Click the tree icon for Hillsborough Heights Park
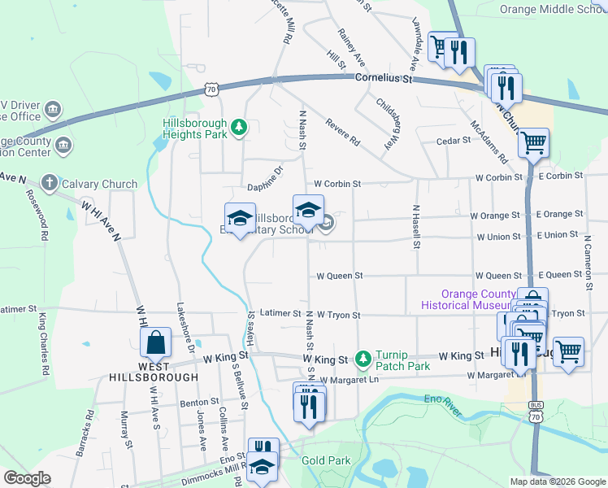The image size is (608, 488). (239, 127)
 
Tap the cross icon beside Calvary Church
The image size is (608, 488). (49, 184)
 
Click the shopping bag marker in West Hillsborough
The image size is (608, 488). (155, 343)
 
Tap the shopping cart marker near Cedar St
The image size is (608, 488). (533, 143)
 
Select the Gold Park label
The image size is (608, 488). (326, 460)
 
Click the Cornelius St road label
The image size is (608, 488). (385, 79)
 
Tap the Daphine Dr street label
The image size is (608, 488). (264, 172)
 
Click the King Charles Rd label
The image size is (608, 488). (41, 342)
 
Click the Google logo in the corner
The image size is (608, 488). (27, 478)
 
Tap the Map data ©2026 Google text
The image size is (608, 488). (557, 481)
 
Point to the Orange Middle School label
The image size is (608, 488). (553, 10)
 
